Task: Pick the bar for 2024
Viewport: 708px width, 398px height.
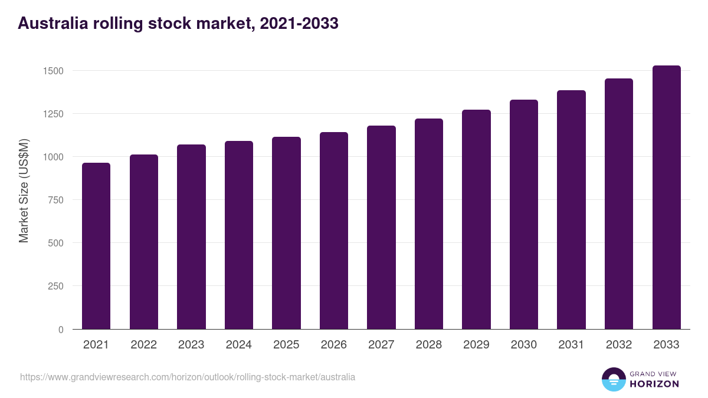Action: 239,235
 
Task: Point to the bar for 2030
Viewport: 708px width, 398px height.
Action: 524,215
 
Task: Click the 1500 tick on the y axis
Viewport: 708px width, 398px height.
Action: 53,71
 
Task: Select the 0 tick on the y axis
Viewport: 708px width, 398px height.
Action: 60,330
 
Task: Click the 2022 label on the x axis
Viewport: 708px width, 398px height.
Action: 144,345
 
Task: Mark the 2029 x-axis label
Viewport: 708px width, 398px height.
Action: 476,345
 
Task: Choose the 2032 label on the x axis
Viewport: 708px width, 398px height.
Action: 619,345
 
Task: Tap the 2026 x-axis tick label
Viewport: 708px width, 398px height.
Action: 334,345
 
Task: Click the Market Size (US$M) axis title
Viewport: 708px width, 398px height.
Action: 24,191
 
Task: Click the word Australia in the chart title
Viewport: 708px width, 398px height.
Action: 53,24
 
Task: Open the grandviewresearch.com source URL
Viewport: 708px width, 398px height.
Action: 188,377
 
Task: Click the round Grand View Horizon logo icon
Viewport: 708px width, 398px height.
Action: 613,379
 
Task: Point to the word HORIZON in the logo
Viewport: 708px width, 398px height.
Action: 654,384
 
